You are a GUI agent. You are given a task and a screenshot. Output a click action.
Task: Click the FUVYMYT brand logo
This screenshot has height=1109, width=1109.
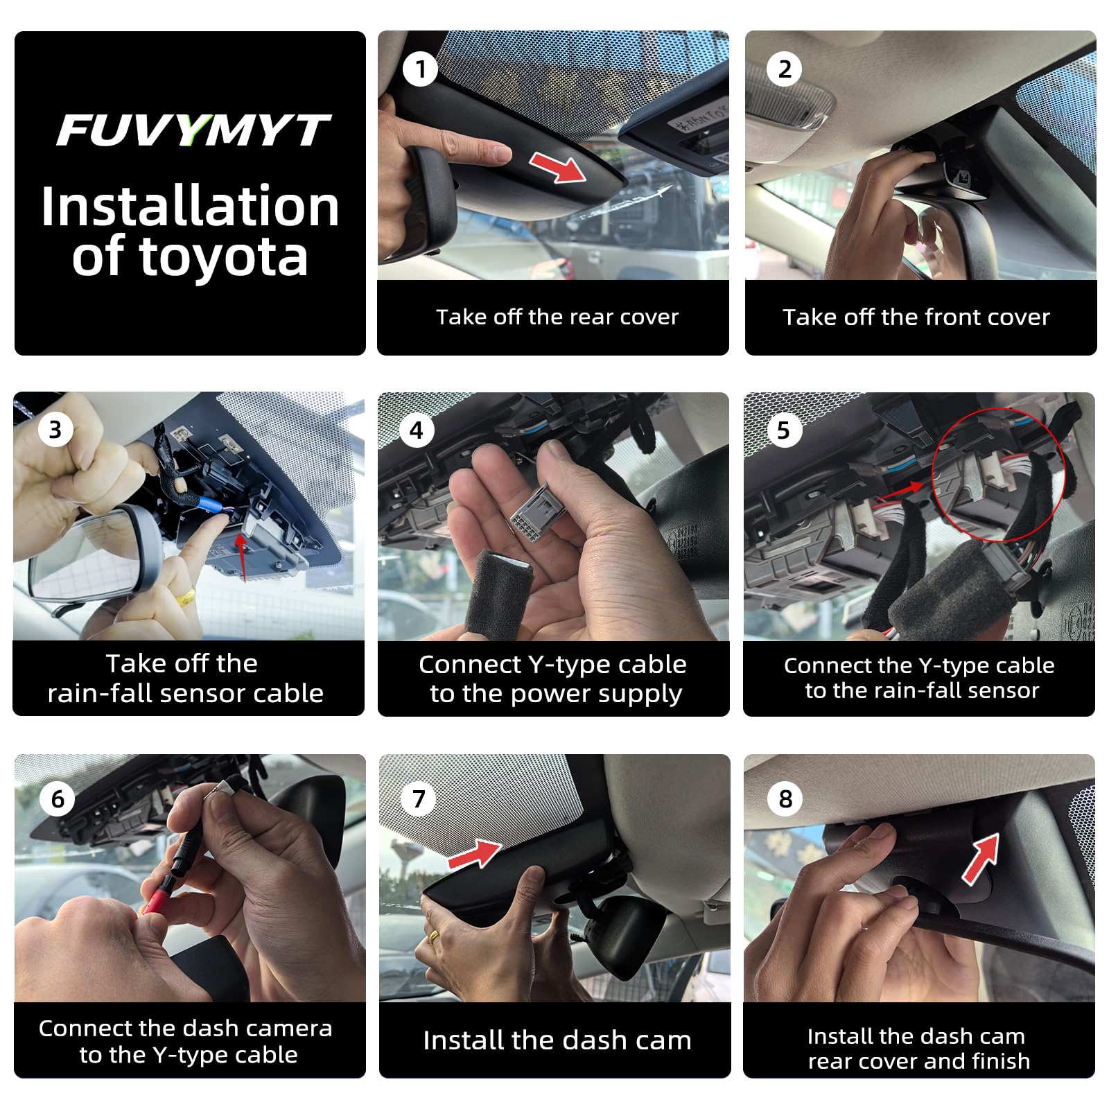tap(192, 130)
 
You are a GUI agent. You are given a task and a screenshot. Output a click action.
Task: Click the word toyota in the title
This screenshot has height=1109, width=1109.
tap(224, 258)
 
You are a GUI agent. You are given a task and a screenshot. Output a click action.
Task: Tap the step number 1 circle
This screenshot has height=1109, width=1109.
tap(419, 69)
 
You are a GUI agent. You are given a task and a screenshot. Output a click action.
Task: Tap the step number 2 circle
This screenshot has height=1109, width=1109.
tap(784, 69)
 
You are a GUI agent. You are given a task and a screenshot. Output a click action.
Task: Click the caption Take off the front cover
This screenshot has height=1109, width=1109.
tap(916, 317)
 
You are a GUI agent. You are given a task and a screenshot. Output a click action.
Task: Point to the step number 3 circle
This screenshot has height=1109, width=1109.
tap(55, 430)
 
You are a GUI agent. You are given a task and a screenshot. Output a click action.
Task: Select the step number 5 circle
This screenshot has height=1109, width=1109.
tap(783, 430)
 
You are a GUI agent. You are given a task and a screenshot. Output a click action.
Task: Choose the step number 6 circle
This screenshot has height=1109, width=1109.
tap(58, 799)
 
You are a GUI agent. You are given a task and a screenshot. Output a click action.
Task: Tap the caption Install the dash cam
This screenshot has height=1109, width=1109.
tap(557, 1040)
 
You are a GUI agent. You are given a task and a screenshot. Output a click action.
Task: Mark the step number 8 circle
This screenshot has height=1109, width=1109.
tap(785, 799)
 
